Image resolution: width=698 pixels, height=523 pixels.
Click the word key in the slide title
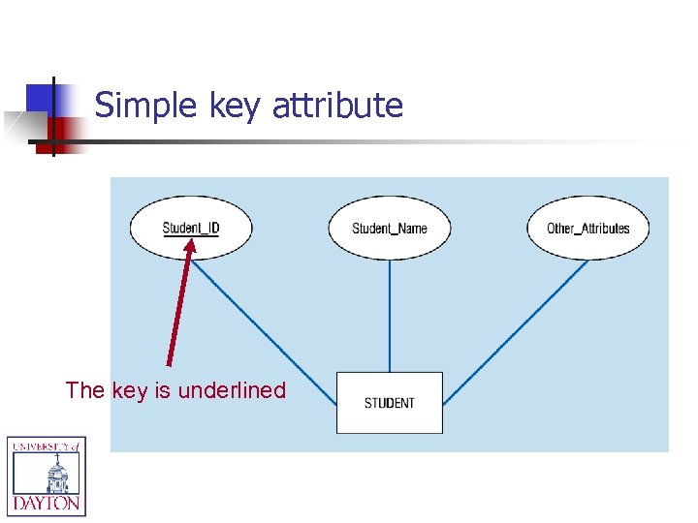[236, 106]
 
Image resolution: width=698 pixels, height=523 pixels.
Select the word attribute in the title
[337, 106]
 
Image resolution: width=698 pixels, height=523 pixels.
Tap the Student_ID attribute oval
[191, 229]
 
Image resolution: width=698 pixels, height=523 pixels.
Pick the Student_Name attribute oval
[389, 229]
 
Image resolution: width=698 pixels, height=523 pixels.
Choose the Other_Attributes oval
[587, 229]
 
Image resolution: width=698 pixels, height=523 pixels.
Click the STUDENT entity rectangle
[389, 403]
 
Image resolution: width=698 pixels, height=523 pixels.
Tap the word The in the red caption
[84, 390]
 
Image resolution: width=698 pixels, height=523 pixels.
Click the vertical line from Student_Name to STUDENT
[390, 315]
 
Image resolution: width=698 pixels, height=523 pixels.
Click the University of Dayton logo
[47, 476]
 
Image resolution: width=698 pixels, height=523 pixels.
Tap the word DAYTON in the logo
[47, 504]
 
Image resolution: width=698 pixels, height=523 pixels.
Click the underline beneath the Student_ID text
[191, 235]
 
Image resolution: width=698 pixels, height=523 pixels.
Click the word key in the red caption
[130, 390]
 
